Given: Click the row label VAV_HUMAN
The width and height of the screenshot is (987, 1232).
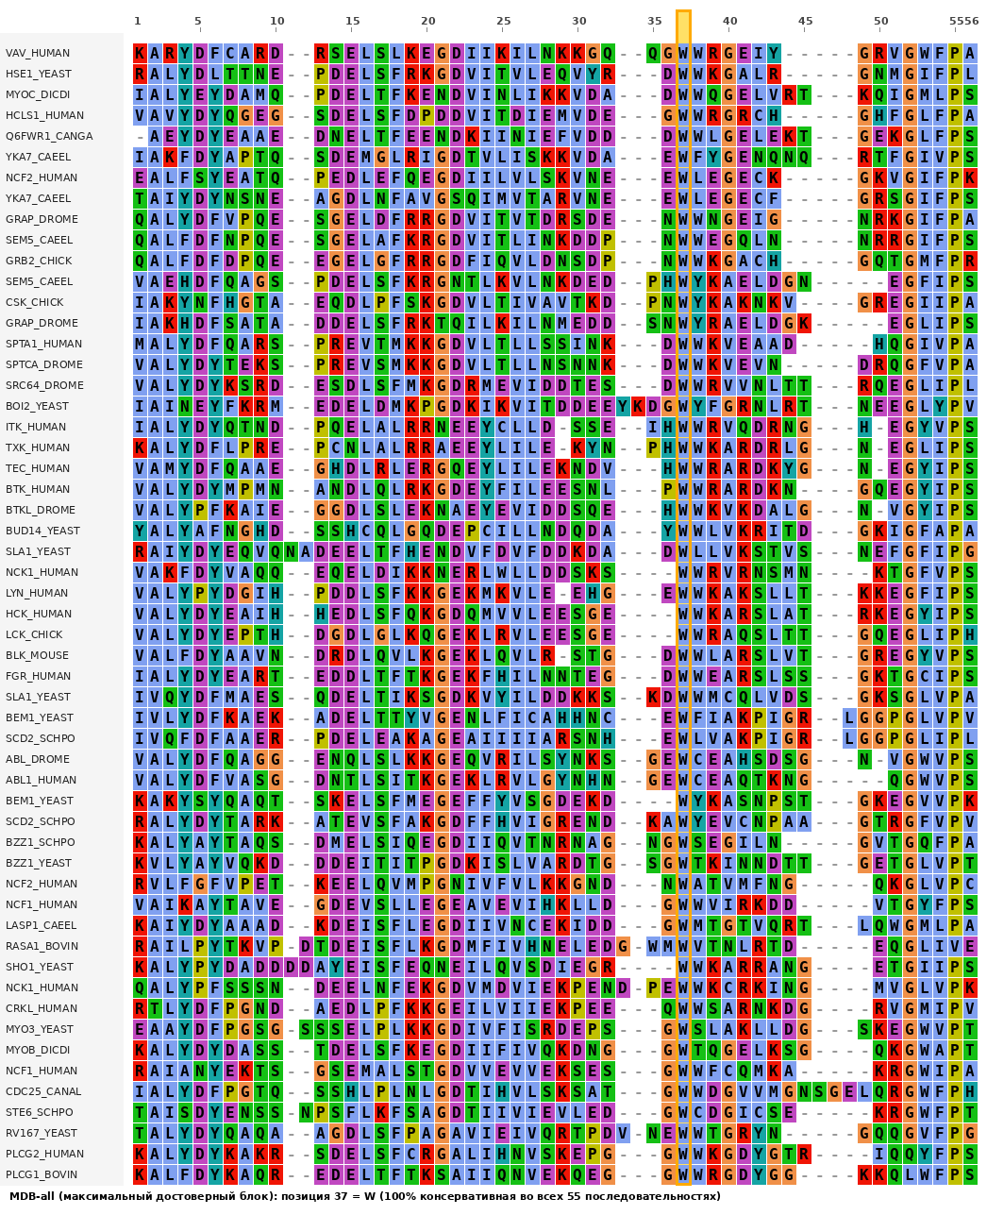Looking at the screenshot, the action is (38, 53).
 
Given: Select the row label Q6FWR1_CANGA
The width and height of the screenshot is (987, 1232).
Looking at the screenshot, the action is (49, 136).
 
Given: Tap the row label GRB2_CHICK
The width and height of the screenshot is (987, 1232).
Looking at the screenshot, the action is (39, 262).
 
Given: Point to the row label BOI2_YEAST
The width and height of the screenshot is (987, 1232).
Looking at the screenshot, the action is (37, 407).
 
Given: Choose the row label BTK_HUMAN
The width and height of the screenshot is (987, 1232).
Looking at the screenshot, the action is (38, 489).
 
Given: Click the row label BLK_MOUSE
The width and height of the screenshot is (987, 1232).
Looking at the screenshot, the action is (37, 655).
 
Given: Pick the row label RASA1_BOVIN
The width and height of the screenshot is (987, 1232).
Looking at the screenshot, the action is (42, 946).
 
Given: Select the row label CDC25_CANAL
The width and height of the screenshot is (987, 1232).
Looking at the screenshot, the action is (43, 1091).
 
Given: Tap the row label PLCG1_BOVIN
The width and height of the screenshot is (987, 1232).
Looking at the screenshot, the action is (42, 1174).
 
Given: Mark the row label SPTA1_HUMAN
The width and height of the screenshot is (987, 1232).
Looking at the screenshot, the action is (43, 344).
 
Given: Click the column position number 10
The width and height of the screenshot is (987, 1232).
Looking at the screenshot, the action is (276, 21).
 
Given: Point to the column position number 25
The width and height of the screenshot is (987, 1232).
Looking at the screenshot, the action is (504, 21).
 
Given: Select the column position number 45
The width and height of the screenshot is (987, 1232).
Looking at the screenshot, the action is (806, 21).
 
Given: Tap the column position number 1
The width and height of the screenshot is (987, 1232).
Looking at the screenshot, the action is (138, 21).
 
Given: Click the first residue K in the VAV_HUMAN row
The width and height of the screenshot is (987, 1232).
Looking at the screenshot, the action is (140, 53).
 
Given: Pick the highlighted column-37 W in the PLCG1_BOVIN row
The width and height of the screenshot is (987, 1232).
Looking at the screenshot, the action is (683, 1174).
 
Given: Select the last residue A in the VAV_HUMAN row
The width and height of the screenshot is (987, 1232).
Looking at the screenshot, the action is (970, 53).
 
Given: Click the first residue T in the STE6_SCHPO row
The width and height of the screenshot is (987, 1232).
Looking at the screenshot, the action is (140, 1112).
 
